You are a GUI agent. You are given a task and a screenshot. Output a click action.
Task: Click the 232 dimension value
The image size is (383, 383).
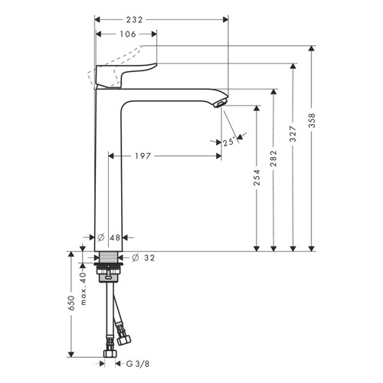[134, 20]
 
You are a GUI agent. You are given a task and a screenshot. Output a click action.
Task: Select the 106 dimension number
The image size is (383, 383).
[128, 34]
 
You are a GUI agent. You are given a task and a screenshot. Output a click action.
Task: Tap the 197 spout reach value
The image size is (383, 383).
[142, 155]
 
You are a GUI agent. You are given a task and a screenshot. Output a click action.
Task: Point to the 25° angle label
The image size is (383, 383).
[228, 142]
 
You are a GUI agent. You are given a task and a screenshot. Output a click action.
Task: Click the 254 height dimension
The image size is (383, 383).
[257, 177]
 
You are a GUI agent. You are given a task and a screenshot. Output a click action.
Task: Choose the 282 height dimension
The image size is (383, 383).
[273, 159]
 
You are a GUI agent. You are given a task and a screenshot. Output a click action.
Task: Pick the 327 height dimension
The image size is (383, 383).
[293, 133]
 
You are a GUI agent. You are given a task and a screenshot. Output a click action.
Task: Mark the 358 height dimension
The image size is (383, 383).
[312, 120]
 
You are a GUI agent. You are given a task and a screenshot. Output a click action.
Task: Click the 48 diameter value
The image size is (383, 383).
[115, 237]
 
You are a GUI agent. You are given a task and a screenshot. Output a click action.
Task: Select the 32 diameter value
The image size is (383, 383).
[149, 258]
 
